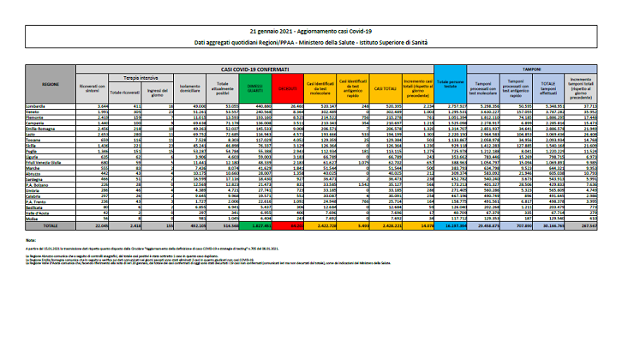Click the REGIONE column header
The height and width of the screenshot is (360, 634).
tap(51, 85)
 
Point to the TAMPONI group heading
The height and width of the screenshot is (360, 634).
tap(549, 67)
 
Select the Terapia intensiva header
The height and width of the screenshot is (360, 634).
tap(129, 77)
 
